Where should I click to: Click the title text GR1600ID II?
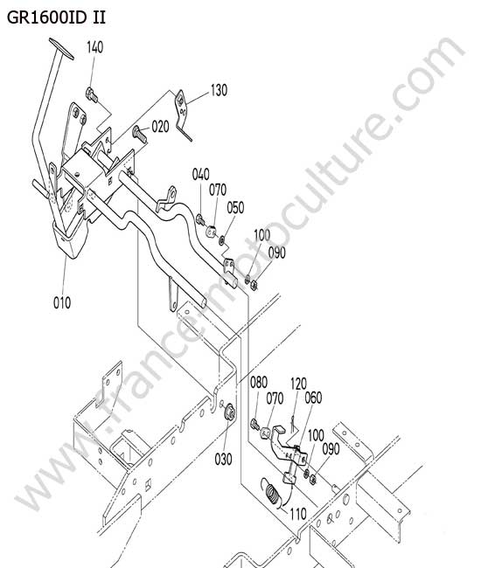56,17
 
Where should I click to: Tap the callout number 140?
95,47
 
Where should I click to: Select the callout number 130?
219,90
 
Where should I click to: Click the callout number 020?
160,127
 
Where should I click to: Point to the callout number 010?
62,302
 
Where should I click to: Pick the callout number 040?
201,174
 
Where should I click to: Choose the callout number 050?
235,208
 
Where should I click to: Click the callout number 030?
223,459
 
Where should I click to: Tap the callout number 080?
259,382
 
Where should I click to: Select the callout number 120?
299,384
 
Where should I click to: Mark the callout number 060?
313,398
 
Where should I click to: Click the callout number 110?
298,514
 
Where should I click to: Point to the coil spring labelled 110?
274,493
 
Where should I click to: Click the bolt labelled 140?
92,94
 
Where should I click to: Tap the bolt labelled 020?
140,134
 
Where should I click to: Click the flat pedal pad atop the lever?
61,49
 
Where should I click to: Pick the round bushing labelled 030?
229,412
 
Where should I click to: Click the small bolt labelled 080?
255,424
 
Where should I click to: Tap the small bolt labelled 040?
200,219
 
